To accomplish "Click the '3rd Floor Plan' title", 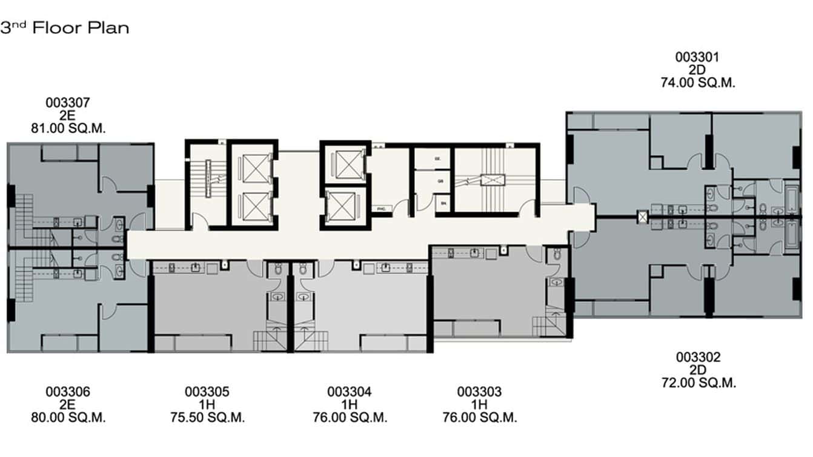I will [x=65, y=28].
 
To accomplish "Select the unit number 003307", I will [x=68, y=102].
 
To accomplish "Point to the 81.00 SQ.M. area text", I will [x=68, y=128].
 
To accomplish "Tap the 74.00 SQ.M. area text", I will [x=698, y=84].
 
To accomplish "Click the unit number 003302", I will [x=698, y=357].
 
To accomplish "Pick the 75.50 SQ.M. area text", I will [x=207, y=418].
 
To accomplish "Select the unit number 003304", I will [x=350, y=392].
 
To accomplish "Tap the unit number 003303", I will [x=479, y=392].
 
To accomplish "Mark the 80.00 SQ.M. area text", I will [x=68, y=418].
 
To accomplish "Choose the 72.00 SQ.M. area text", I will [x=698, y=383].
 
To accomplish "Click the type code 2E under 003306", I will [x=68, y=405].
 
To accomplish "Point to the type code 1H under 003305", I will [x=207, y=405].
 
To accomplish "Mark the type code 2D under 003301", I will [x=698, y=70].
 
